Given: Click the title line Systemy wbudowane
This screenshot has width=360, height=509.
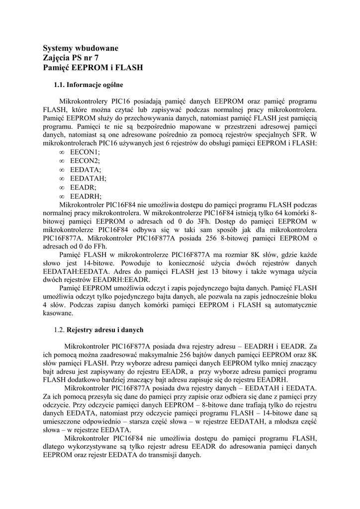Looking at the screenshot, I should pos(81,48).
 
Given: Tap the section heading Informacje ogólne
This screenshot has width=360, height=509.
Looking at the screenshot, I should pos(94,85).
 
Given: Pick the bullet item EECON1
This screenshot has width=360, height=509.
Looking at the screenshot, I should pos(85,152).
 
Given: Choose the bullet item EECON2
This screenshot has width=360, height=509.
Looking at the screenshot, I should pos(85,161).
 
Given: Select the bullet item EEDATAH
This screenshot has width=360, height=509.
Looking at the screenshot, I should pos(88,178).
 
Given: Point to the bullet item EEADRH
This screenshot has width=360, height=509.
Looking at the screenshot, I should pos(86,196).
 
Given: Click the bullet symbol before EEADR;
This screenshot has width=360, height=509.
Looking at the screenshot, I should pos(62,187).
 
